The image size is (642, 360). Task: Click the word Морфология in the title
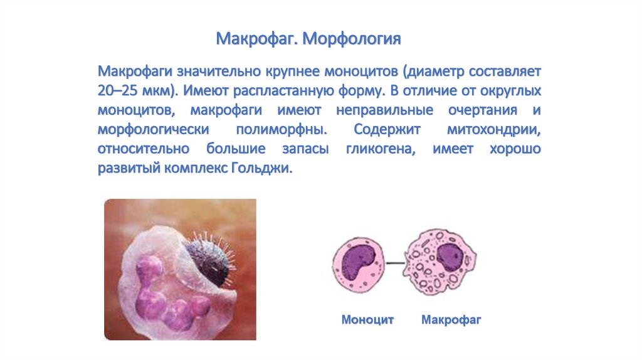[352, 40]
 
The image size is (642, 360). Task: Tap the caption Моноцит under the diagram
[367, 319]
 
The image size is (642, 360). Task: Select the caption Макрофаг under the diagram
[451, 319]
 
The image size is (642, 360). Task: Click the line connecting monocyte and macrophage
[395, 263]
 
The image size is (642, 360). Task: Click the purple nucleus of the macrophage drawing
[450, 256]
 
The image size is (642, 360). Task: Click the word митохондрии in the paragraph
[494, 129]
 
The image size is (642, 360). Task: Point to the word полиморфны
[282, 130]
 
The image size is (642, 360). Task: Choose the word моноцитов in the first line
[361, 71]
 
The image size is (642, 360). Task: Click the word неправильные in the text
[384, 110]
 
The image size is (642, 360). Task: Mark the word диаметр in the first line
[434, 71]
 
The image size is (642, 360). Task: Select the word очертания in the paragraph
[483, 110]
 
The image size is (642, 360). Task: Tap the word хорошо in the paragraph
[515, 149]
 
